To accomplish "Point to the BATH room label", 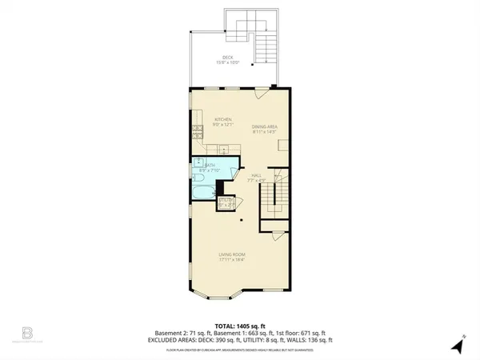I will pos(209,165).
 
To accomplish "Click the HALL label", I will pos(257,174).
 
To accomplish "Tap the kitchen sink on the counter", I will pos(224,149).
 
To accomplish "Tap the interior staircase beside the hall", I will pos(278,196).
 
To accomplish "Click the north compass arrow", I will pos(458,346).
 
